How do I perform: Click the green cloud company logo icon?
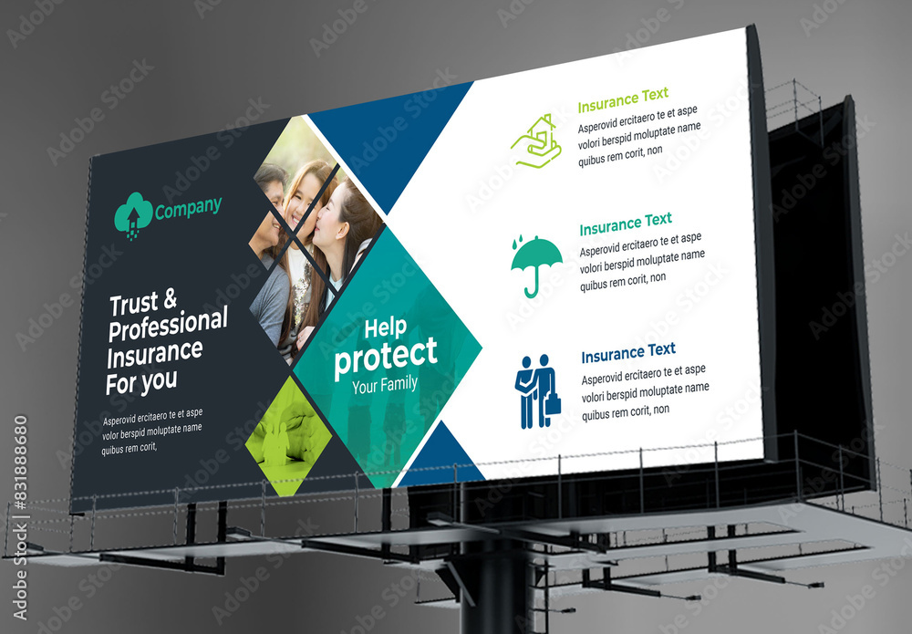(x=132, y=215)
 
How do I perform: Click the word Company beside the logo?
(x=188, y=209)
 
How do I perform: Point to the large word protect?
(x=385, y=356)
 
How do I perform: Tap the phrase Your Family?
(x=384, y=385)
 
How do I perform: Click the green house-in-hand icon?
(x=536, y=141)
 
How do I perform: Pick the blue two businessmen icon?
(x=536, y=391)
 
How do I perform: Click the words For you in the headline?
(x=141, y=381)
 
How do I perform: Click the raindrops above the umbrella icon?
(x=518, y=244)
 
